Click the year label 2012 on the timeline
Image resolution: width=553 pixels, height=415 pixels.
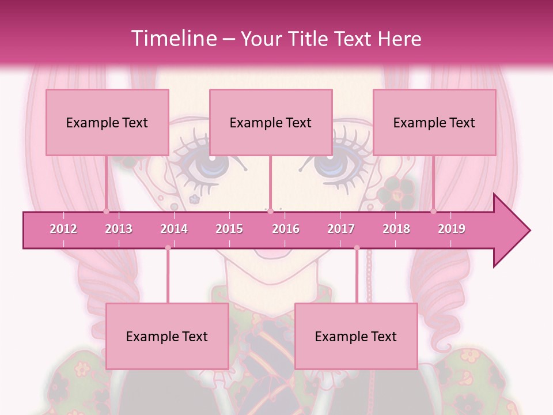tap(63, 229)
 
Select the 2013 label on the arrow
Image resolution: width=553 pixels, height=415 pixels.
tap(119, 229)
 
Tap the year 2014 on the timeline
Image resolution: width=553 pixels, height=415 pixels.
tap(174, 229)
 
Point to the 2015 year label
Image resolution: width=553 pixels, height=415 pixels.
tap(229, 229)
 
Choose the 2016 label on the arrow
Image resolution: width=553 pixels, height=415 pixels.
tap(286, 229)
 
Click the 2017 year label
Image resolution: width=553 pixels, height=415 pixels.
tap(341, 229)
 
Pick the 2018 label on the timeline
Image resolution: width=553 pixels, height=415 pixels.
tap(396, 229)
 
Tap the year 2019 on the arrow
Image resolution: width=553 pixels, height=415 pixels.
tap(452, 229)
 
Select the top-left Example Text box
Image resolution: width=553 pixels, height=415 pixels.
tap(107, 122)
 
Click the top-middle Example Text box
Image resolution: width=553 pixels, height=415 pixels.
tap(271, 122)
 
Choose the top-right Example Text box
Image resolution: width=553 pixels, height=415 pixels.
tap(434, 122)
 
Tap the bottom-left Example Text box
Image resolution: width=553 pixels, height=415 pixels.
tap(167, 336)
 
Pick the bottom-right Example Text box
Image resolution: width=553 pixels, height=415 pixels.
tap(356, 336)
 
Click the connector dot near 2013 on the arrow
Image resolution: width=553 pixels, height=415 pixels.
tap(106, 211)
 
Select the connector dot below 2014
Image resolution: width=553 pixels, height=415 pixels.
tap(168, 248)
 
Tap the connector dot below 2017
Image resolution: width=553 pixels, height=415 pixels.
tap(357, 248)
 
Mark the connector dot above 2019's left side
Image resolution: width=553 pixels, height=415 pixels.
tap(433, 211)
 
